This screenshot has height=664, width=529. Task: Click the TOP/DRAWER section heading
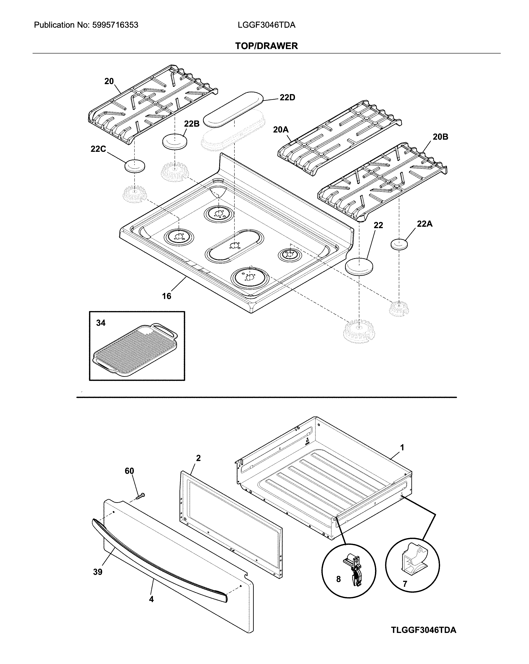coord(266,46)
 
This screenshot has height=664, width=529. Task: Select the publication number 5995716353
coord(115,25)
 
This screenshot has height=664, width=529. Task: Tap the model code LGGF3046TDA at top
coord(266,25)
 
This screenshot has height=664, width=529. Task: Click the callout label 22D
coord(287,98)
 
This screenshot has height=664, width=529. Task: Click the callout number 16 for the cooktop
coord(166,296)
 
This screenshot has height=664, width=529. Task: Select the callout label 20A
coord(281,130)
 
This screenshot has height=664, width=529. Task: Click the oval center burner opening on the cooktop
coord(234,245)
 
